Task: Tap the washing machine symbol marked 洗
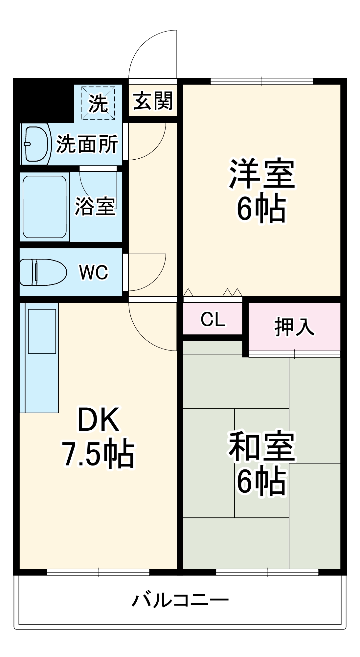[x=98, y=103]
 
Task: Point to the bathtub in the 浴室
[x=45, y=207]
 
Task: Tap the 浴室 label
[x=95, y=206]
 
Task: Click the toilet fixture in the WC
[x=43, y=272]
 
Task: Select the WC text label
[x=94, y=272]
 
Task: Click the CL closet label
[x=213, y=319]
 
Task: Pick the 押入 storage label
[x=294, y=327]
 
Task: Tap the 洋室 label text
[x=262, y=174]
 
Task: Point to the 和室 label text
[x=262, y=446]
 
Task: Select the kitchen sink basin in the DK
[x=42, y=331]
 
